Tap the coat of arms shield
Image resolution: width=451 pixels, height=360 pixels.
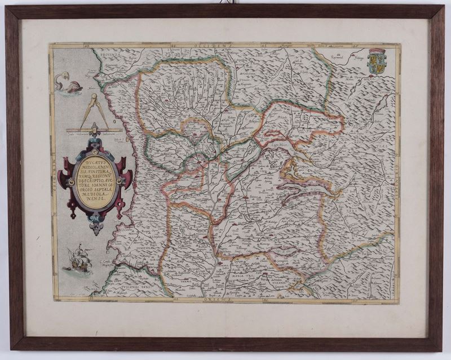377,62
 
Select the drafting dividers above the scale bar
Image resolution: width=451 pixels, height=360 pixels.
95,111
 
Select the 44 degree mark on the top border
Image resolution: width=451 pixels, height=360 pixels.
173,45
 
